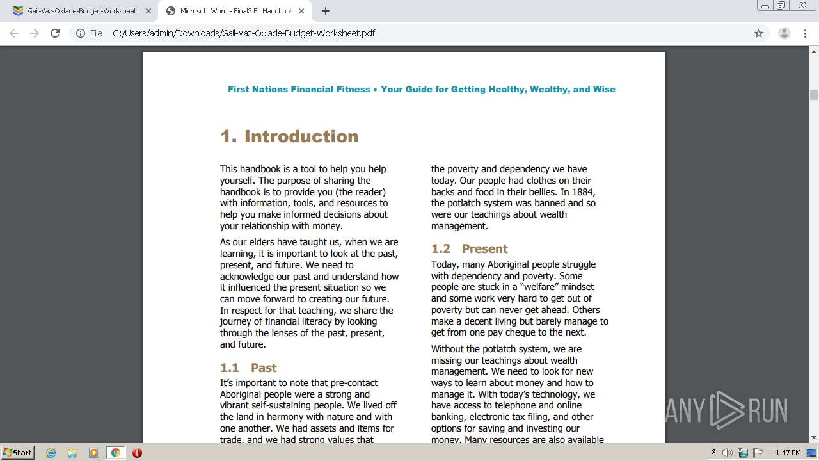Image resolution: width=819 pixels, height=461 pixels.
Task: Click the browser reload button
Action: click(x=55, y=33)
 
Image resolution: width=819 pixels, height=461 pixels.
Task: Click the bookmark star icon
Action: click(x=759, y=33)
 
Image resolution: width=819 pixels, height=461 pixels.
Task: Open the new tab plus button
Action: click(x=326, y=11)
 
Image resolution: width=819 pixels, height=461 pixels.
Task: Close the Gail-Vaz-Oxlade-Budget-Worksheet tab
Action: click(x=148, y=11)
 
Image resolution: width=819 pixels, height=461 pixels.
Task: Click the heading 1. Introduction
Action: click(x=289, y=136)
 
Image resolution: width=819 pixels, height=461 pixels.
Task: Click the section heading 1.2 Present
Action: click(x=469, y=248)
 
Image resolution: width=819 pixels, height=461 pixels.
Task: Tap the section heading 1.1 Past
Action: click(x=248, y=368)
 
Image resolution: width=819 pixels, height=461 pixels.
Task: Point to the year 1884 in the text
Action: click(x=585, y=191)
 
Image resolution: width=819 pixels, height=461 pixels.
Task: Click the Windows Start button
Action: click(x=17, y=453)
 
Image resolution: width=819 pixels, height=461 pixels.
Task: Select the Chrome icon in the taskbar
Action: click(x=115, y=453)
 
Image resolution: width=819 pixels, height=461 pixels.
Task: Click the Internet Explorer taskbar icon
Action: click(x=51, y=453)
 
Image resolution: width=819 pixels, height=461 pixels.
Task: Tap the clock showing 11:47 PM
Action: click(x=786, y=453)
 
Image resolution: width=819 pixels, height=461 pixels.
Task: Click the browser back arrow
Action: click(x=14, y=33)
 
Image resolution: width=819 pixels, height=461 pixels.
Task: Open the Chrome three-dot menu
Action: click(x=805, y=33)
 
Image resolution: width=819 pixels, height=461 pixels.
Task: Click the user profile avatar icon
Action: click(x=784, y=33)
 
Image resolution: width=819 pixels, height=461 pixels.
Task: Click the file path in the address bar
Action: click(x=243, y=33)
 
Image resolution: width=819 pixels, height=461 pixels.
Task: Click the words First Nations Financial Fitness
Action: click(x=299, y=89)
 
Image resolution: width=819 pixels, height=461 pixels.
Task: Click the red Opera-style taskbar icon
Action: click(x=137, y=453)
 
